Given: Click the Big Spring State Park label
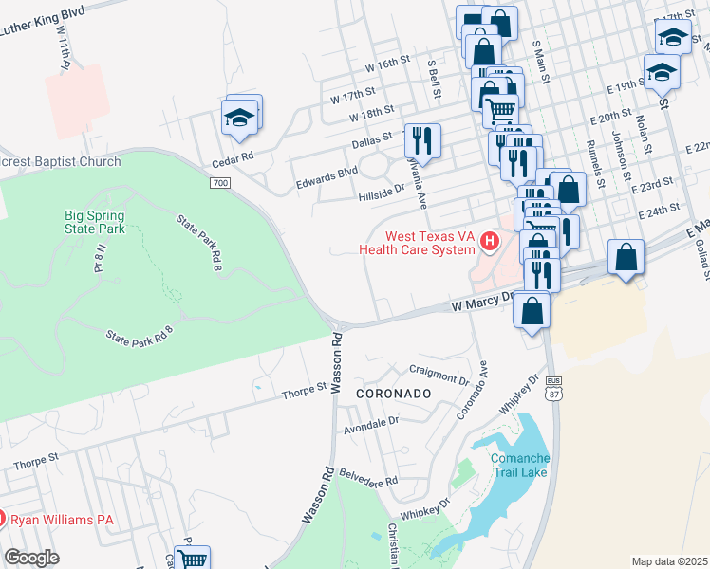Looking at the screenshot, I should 94,222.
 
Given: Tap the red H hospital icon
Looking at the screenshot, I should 490,243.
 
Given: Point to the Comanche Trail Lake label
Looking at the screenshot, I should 519,466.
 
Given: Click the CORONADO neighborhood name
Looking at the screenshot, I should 394,393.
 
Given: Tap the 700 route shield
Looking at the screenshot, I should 220,182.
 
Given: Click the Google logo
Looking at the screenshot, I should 31,557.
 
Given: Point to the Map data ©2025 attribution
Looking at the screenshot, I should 669,561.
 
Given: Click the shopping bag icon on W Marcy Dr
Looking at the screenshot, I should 532,310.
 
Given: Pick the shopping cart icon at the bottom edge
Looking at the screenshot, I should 194,560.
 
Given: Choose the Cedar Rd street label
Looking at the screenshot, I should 234,155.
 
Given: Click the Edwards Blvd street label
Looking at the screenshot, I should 327,172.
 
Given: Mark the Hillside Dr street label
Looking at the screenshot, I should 381,189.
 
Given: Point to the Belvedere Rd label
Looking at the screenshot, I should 370,483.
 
